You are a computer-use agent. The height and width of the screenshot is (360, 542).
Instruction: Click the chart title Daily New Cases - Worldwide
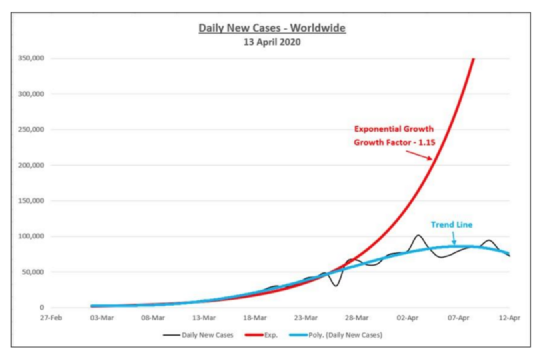272,28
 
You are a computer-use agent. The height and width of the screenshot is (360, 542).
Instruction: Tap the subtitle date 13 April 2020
272,42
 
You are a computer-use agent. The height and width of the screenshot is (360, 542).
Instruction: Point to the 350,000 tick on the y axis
31,58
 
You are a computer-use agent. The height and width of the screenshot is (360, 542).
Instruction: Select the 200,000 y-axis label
31,165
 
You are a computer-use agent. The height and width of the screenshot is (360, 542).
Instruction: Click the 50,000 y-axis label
32,272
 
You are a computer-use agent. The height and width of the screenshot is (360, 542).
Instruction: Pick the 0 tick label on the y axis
42,308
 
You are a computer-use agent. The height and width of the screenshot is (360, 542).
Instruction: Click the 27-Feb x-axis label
51,318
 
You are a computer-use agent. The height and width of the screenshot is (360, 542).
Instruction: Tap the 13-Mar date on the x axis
204,318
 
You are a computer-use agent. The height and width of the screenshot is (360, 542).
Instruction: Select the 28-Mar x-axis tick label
356,318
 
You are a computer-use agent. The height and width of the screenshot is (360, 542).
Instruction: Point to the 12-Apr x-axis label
509,318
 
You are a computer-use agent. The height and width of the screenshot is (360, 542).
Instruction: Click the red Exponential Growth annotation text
394,129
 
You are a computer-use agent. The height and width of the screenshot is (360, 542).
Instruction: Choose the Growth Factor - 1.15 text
394,142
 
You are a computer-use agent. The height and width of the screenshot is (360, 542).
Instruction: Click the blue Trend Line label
452,225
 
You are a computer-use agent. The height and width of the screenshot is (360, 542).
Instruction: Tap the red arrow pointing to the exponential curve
419,155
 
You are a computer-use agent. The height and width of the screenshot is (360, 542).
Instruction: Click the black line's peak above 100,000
418,235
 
